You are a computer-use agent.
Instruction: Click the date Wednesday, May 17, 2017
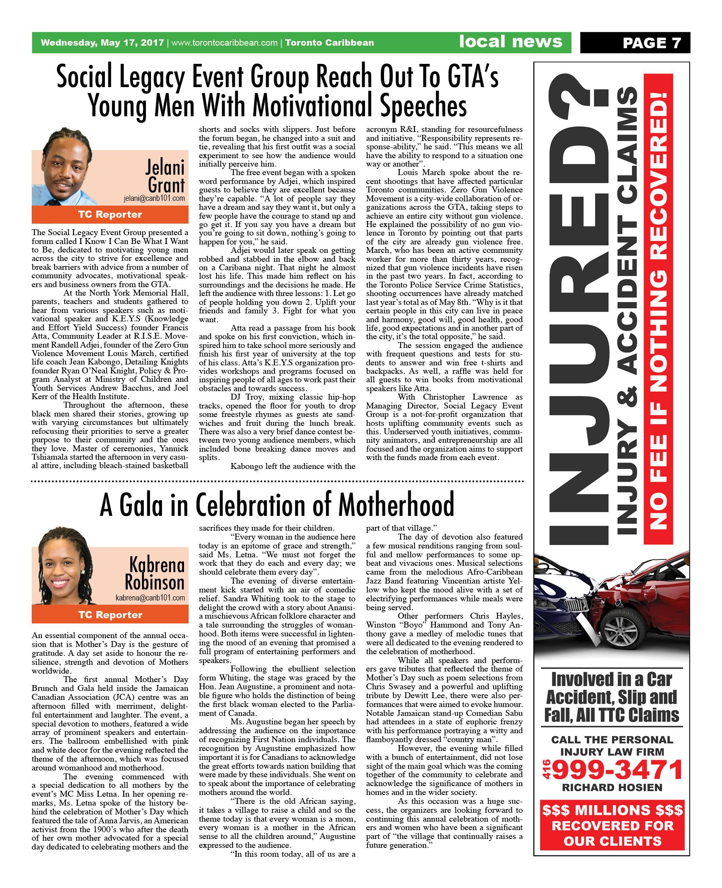point(102,43)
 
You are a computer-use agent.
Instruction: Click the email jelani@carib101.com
point(154,198)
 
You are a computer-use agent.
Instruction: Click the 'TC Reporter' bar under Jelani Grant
point(110,215)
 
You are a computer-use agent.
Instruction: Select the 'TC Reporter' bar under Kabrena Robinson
point(110,615)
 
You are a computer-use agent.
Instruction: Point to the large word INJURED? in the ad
point(577,309)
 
